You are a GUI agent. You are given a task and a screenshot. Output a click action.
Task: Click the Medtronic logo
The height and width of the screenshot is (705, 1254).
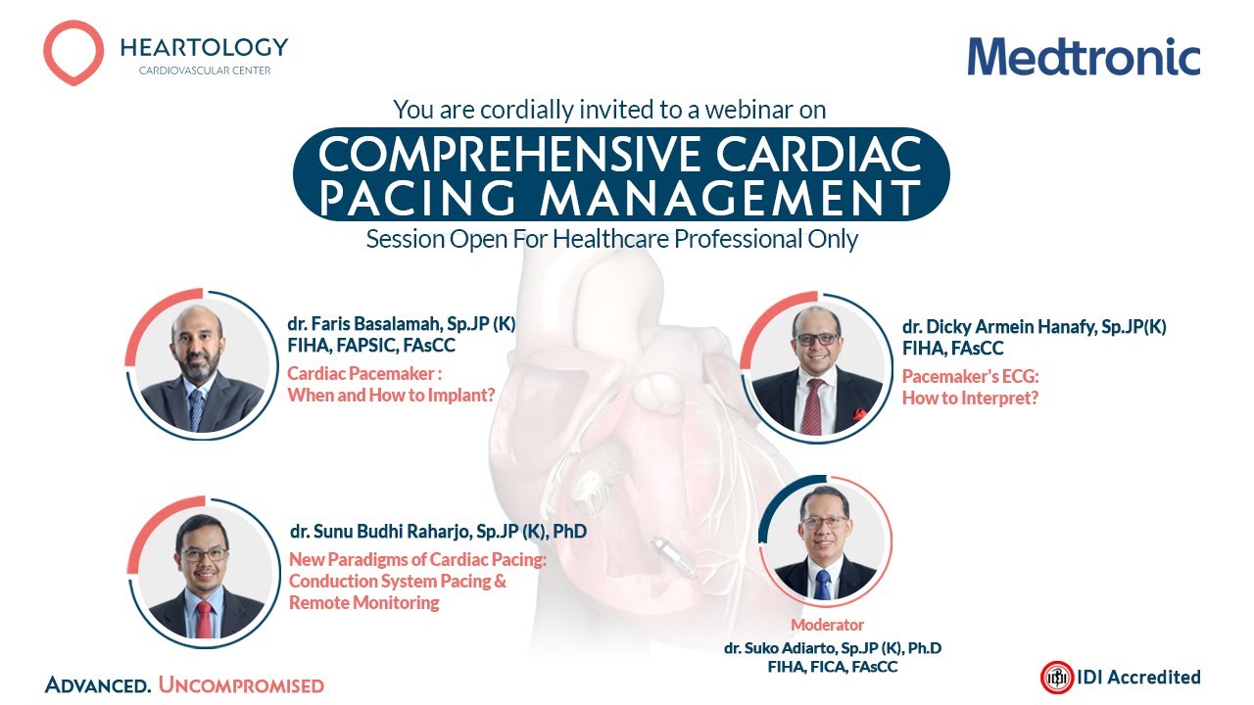[1084, 57]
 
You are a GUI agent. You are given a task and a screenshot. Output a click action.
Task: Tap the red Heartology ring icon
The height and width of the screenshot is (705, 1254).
[73, 53]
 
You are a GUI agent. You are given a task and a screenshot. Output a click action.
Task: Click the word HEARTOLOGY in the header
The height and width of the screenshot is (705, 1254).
[204, 47]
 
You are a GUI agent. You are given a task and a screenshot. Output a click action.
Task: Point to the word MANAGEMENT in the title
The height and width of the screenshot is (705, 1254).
[730, 197]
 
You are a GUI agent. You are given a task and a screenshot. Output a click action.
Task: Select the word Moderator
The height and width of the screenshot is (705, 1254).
[828, 625]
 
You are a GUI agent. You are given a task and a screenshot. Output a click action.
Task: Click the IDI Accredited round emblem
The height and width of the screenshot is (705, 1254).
[1056, 677]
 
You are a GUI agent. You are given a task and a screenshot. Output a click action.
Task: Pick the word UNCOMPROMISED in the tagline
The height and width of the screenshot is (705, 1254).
[241, 685]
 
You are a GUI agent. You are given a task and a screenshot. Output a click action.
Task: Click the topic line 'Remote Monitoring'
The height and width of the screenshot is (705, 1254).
[363, 603]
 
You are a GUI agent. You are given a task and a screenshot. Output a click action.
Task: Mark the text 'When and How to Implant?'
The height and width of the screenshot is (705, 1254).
[391, 395]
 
